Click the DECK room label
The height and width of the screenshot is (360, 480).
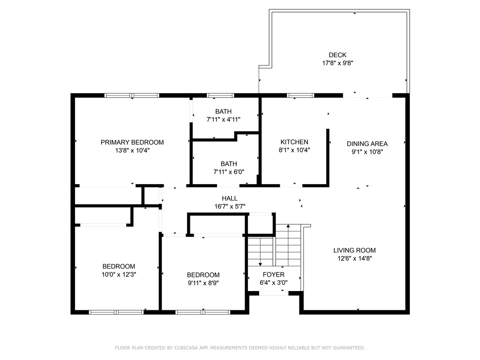[x=337, y=55]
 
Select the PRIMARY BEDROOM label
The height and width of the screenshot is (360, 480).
[x=132, y=142]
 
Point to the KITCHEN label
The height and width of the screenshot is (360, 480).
[x=294, y=142]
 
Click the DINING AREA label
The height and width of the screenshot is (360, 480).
[x=367, y=143]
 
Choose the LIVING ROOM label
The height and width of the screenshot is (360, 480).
[x=354, y=250]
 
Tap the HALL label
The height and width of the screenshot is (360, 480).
[x=230, y=198]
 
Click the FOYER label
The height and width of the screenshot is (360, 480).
[x=273, y=275]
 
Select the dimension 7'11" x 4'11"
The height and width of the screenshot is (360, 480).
[x=224, y=120]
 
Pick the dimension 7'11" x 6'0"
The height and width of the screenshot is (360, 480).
[x=229, y=172]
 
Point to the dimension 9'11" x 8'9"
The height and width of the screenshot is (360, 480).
[x=203, y=283]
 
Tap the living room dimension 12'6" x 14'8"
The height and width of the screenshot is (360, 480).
[x=354, y=258]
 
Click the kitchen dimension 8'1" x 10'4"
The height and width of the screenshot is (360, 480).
[x=294, y=150]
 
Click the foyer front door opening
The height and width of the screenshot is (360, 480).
[x=273, y=293]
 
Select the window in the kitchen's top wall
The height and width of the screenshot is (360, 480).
[x=300, y=96]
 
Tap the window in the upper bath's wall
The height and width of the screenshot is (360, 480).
[x=220, y=96]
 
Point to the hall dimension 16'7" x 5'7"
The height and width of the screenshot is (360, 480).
[x=230, y=206]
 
